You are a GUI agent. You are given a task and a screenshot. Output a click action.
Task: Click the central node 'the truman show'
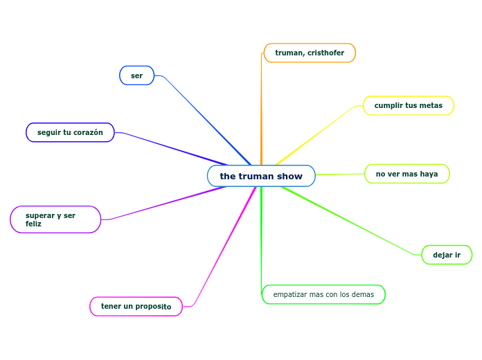point(261,176)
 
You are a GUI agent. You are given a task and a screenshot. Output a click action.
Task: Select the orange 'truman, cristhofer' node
point(310,53)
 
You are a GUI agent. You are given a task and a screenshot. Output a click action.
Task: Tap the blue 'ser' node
point(137,75)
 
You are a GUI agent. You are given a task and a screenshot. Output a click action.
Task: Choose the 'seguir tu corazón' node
point(70,132)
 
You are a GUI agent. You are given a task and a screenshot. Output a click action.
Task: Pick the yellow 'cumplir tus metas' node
point(409,105)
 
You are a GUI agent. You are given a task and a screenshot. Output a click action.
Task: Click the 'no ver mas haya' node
point(407,174)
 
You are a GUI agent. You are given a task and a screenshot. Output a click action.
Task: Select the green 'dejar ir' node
point(447,255)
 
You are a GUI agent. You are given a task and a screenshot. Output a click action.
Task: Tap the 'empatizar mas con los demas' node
point(323,294)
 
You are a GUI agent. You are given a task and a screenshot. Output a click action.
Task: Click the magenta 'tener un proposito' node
point(136,306)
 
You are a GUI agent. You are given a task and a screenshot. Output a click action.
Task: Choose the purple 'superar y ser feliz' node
point(55,219)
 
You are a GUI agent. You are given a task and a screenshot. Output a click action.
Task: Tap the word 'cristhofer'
point(326,53)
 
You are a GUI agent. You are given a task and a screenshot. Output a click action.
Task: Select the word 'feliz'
point(33,224)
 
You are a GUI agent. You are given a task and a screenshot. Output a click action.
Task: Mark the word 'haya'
point(429,174)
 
